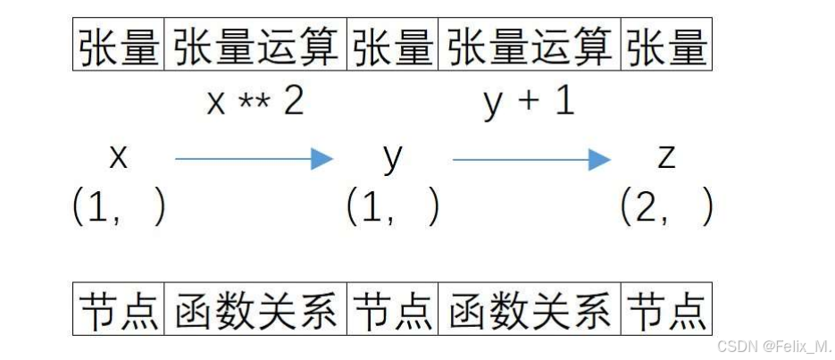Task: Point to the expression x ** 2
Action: click(x=255, y=103)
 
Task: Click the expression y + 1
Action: click(x=530, y=103)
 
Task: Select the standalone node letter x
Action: click(x=118, y=158)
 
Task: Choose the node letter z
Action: click(x=666, y=158)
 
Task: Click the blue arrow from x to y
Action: click(x=254, y=160)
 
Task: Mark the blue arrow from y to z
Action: click(x=531, y=160)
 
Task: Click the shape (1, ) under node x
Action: click(x=119, y=209)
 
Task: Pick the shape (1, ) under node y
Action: click(x=393, y=209)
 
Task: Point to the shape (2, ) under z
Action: click(x=667, y=209)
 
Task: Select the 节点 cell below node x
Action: click(x=119, y=309)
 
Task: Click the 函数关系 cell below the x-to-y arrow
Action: click(x=256, y=309)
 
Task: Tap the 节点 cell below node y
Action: click(x=393, y=309)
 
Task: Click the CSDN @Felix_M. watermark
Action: click(x=773, y=345)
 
